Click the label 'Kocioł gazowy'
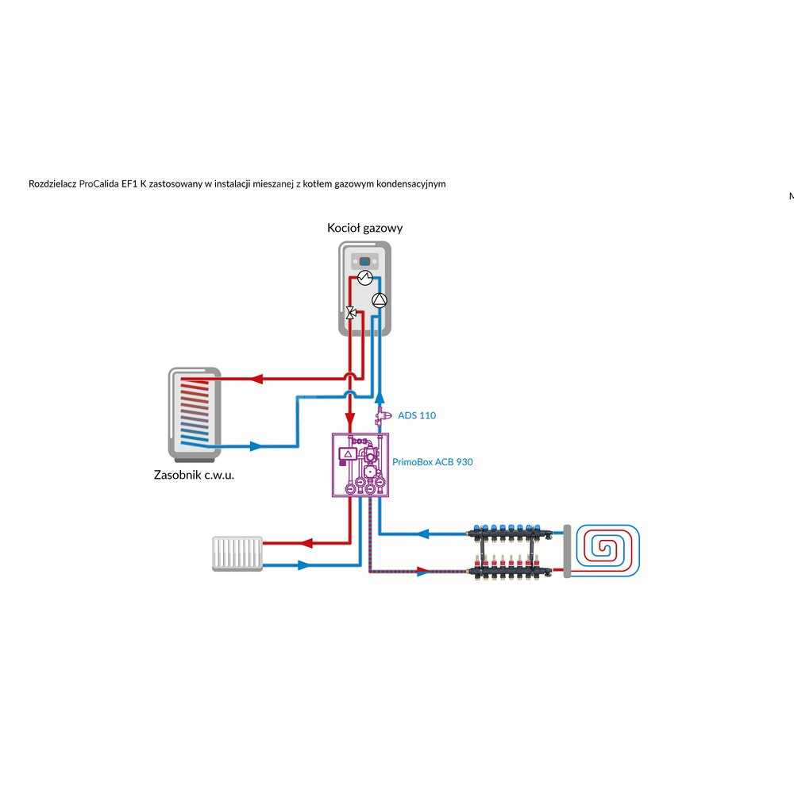(x=364, y=228)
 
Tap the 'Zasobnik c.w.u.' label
(x=194, y=476)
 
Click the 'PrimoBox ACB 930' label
(x=433, y=461)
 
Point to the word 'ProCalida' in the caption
(x=99, y=183)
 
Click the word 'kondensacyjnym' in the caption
(x=410, y=183)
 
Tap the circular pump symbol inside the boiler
(x=380, y=299)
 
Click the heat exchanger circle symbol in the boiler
(x=364, y=277)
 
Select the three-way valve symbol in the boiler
(x=349, y=312)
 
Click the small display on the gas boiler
(x=364, y=260)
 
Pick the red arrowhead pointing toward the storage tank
(x=256, y=379)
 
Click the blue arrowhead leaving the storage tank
(x=255, y=446)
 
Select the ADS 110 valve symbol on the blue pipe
(x=380, y=414)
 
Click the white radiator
(x=237, y=553)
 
